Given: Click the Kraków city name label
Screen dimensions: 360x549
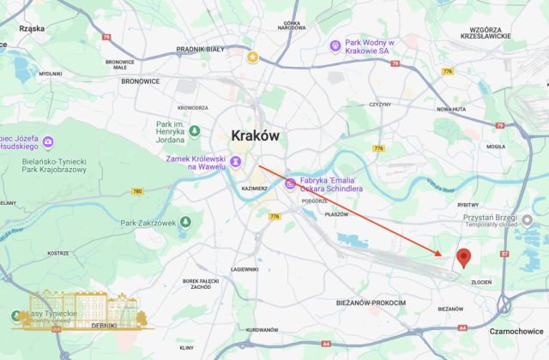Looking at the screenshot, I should coord(255,135).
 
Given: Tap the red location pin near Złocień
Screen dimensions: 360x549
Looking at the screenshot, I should coord(464,257).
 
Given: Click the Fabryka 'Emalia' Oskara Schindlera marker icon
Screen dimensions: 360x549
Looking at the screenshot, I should coord(291,183).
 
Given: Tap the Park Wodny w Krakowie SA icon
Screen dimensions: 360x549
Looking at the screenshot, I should coord(335,44).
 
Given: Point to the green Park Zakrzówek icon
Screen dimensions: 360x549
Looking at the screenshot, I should coord(184,223).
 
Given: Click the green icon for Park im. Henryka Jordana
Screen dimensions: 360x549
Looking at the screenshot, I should coord(195,131).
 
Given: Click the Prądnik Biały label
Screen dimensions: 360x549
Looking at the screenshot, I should coord(199,50).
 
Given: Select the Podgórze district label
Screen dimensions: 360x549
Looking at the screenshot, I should coord(315,200).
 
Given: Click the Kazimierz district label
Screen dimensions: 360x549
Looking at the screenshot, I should coord(255,187).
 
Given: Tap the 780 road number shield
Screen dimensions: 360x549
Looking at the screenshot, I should coord(137,191).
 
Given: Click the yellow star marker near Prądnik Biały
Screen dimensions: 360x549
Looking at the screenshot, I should coord(252,57).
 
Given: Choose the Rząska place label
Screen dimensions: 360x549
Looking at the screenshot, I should coord(31,28).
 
